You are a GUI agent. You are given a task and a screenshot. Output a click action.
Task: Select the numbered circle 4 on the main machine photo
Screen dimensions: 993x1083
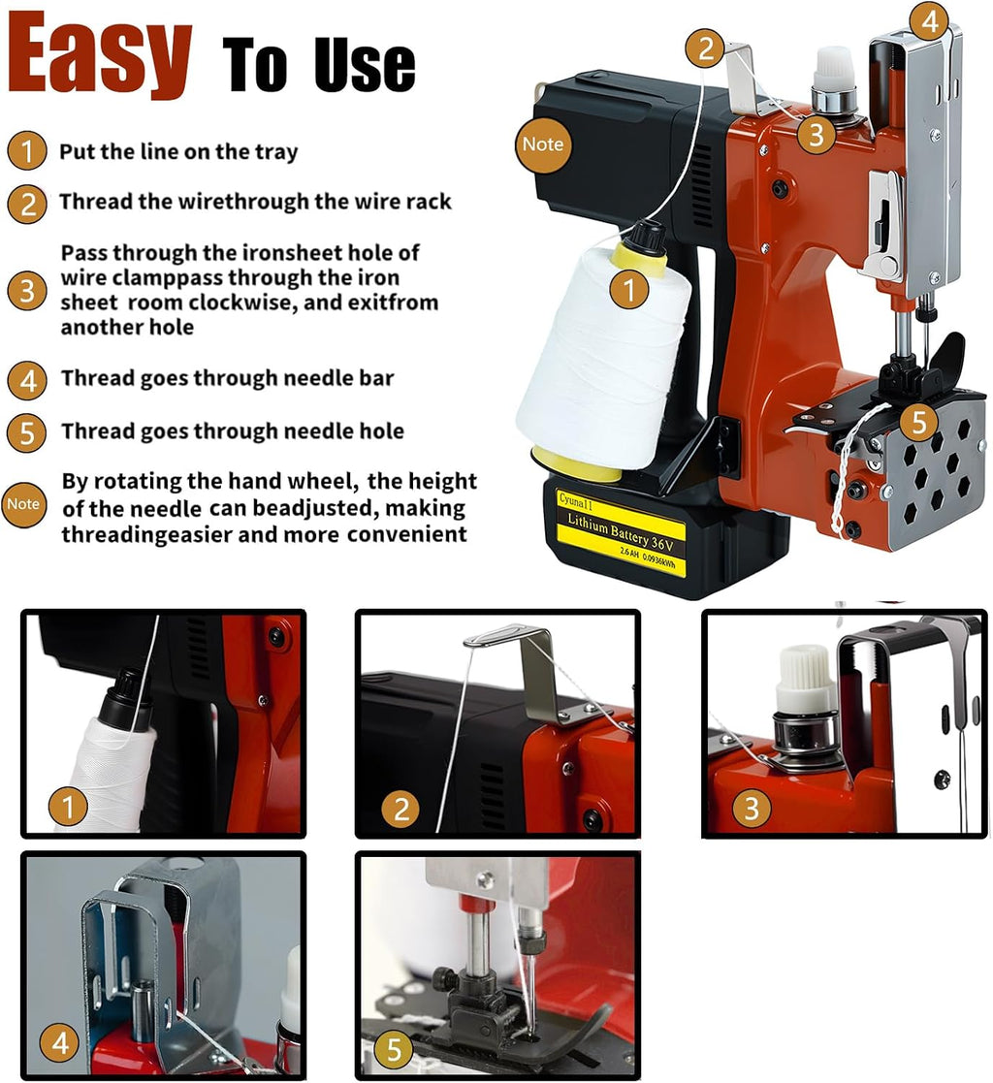tap(929, 21)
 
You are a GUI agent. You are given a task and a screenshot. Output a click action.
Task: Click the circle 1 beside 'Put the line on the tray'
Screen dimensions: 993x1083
tap(27, 151)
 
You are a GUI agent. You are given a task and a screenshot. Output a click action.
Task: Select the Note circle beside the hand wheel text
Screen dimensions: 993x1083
tap(23, 504)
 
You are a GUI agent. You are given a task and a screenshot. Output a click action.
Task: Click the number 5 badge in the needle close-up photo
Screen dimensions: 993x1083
tap(393, 1049)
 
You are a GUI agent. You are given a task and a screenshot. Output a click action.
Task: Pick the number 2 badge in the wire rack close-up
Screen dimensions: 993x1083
tap(401, 809)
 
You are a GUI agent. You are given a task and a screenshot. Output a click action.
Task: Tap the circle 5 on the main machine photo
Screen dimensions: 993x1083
tap(918, 422)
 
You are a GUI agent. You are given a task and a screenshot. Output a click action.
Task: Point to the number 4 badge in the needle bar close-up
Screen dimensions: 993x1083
tap(60, 1042)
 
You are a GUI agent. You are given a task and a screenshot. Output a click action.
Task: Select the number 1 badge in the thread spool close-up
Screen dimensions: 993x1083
tap(68, 806)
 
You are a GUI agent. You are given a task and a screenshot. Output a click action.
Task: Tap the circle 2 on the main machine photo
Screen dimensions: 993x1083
tap(705, 48)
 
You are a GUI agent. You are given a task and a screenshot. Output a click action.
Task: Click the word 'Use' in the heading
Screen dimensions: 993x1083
tap(365, 65)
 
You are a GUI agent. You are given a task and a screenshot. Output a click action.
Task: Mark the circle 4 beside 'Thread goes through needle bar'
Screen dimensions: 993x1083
tap(27, 380)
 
